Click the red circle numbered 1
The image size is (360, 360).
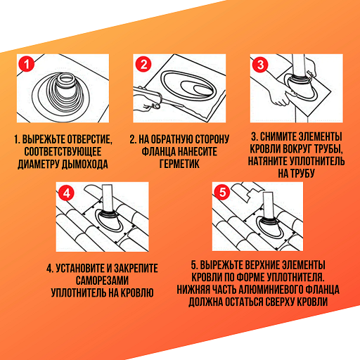point(27,64)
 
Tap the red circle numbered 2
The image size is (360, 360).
point(143,64)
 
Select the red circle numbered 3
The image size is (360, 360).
point(260,65)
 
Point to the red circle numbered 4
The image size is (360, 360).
point(66,193)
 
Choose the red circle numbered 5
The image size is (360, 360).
point(222,193)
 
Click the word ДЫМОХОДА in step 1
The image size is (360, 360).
point(85,165)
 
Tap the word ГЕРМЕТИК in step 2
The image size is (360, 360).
point(179,164)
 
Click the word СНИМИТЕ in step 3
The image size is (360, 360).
point(279,136)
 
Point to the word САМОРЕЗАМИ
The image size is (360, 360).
point(102,281)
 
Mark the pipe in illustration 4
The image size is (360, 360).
point(108,198)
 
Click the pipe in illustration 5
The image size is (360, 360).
point(268,205)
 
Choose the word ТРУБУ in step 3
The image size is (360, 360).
point(304,174)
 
